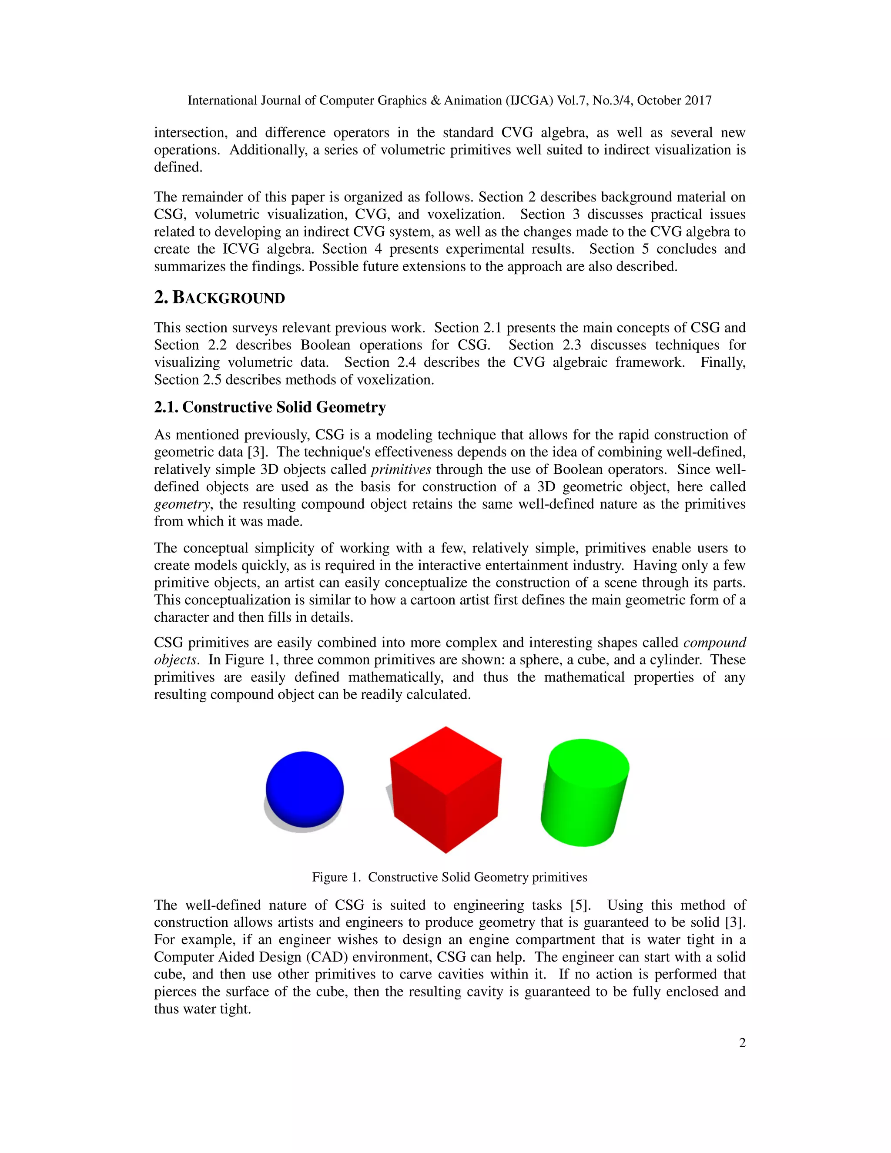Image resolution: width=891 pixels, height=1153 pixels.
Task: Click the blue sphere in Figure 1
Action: click(x=305, y=789)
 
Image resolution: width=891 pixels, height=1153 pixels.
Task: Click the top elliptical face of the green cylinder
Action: click(x=589, y=761)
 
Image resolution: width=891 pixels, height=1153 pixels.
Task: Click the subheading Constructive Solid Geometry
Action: click(x=284, y=407)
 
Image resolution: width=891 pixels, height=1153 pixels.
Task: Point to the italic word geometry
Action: click(x=181, y=504)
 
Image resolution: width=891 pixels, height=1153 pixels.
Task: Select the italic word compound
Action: click(x=715, y=643)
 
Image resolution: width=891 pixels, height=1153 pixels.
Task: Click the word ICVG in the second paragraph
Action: click(x=241, y=249)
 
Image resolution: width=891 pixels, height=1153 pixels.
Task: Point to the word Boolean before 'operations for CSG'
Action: click(x=325, y=345)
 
